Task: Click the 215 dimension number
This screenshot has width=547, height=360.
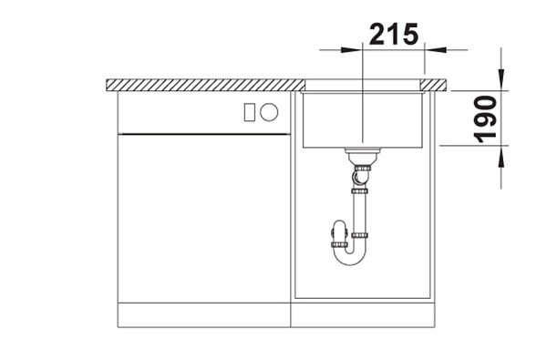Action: coord(394,35)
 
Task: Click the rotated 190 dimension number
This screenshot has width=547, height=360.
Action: coord(486,119)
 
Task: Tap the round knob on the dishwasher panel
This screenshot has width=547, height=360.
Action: coord(269,112)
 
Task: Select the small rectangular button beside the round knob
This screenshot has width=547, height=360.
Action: coord(250,112)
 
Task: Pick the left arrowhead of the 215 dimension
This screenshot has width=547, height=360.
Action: coord(351,50)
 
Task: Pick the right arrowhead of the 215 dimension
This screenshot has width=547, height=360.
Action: coord(436,50)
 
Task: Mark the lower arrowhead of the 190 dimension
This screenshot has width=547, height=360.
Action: coord(501,157)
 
